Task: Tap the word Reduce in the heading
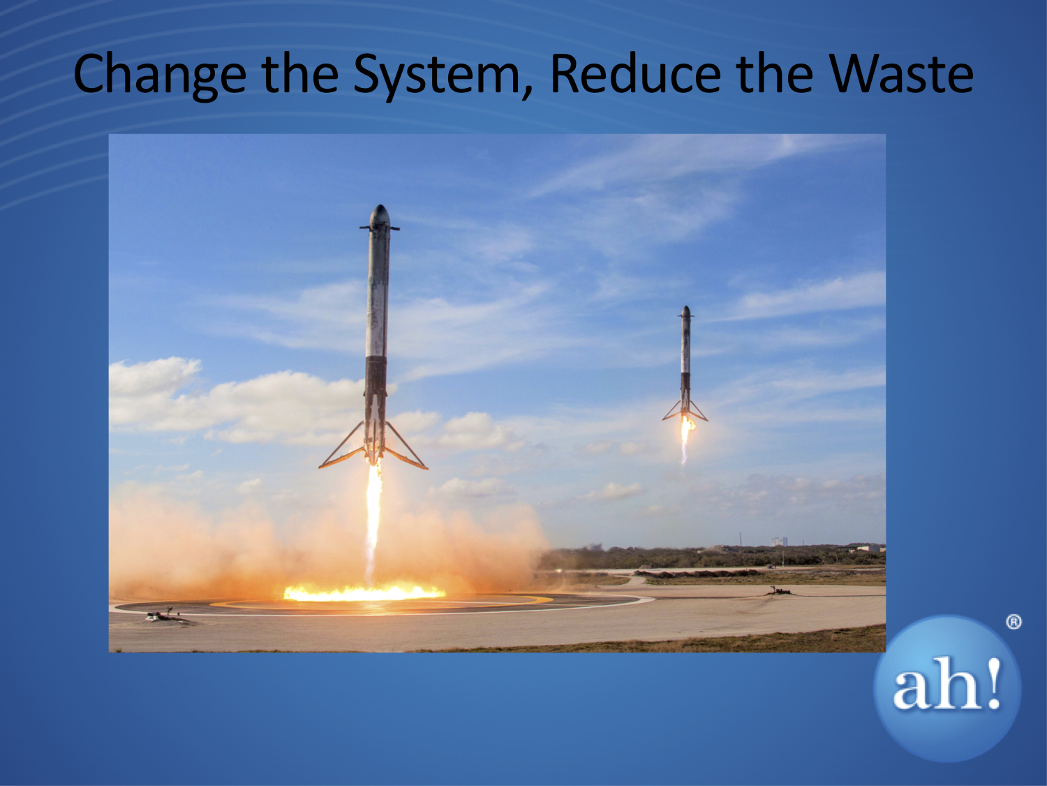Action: [636, 73]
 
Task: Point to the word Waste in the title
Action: [899, 73]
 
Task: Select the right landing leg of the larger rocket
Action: [406, 446]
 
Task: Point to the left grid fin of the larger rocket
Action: [365, 228]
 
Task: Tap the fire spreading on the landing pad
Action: [364, 593]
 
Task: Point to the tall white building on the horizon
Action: [778, 542]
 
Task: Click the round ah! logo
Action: [947, 688]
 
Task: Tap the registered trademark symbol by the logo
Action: [1013, 623]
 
